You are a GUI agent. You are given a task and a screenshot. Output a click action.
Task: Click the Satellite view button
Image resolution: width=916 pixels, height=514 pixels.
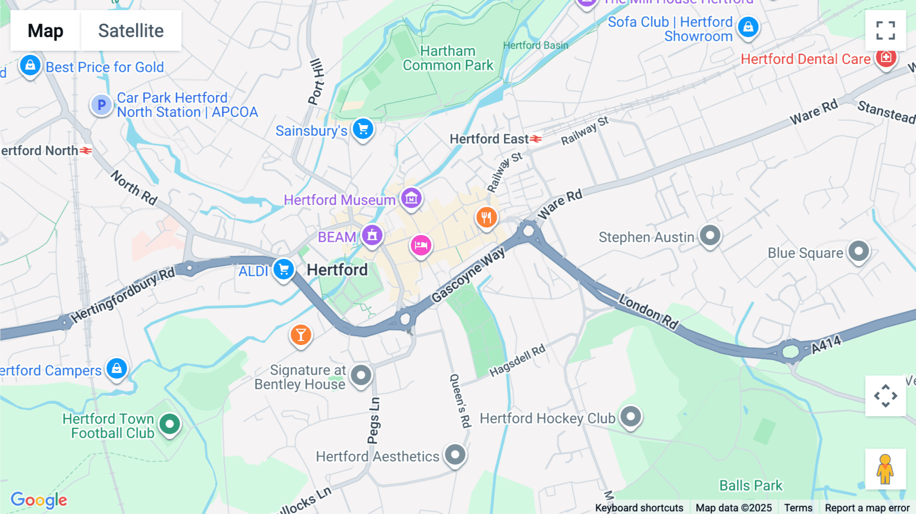tap(131, 31)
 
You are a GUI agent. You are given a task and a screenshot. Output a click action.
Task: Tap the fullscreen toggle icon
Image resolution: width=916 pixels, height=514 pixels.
tap(885, 31)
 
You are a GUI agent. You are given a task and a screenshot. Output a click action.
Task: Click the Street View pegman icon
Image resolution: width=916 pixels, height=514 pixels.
tap(885, 469)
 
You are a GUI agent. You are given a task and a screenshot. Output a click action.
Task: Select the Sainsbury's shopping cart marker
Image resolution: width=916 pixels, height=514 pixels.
tap(363, 129)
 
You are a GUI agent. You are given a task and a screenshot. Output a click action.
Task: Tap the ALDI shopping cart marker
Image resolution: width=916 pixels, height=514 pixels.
tap(283, 269)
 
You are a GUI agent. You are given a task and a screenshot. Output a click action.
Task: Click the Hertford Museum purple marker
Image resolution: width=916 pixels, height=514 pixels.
tap(411, 198)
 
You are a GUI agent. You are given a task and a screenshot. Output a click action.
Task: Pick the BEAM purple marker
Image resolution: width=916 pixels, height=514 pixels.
tap(372, 235)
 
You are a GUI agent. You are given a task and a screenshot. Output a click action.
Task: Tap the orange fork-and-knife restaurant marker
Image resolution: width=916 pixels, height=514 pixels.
tap(486, 217)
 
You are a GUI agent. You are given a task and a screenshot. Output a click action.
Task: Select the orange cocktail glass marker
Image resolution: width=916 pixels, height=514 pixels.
tap(301, 335)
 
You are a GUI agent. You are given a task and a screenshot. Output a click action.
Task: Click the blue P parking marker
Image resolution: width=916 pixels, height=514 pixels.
tap(101, 105)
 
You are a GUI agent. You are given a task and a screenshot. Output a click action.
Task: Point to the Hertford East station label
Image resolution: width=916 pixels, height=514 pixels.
tap(489, 139)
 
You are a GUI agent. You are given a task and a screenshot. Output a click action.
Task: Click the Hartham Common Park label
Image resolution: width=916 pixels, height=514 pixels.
tap(448, 58)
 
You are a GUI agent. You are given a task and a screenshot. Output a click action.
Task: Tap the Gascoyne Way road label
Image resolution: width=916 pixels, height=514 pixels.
tap(468, 275)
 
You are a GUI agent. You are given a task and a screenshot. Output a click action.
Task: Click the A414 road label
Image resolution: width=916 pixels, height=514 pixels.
tap(826, 345)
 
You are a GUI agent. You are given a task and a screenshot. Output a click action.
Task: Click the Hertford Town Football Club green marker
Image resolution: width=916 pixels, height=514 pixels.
tap(169, 423)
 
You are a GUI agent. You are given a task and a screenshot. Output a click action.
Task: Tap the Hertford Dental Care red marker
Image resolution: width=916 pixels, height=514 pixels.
tap(885, 58)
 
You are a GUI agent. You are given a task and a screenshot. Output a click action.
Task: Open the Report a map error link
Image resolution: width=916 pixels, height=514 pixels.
tap(867, 507)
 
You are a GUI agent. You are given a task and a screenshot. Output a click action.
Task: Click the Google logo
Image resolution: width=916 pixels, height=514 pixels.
tap(39, 500)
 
